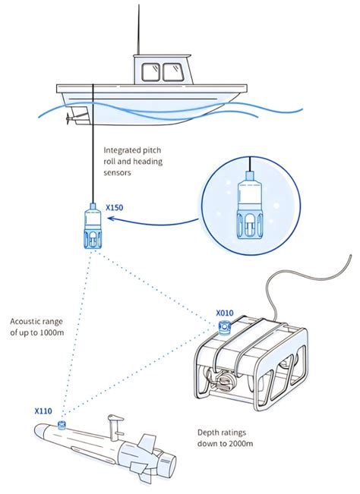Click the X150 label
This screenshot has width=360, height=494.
pos(114,206)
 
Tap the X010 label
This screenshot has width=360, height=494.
pos(224,312)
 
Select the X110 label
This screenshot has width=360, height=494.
pos(43,411)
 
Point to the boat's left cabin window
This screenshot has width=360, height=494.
pos(149,71)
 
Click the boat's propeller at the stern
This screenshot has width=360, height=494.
pos(72,118)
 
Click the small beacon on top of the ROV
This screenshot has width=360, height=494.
pos(225,326)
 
